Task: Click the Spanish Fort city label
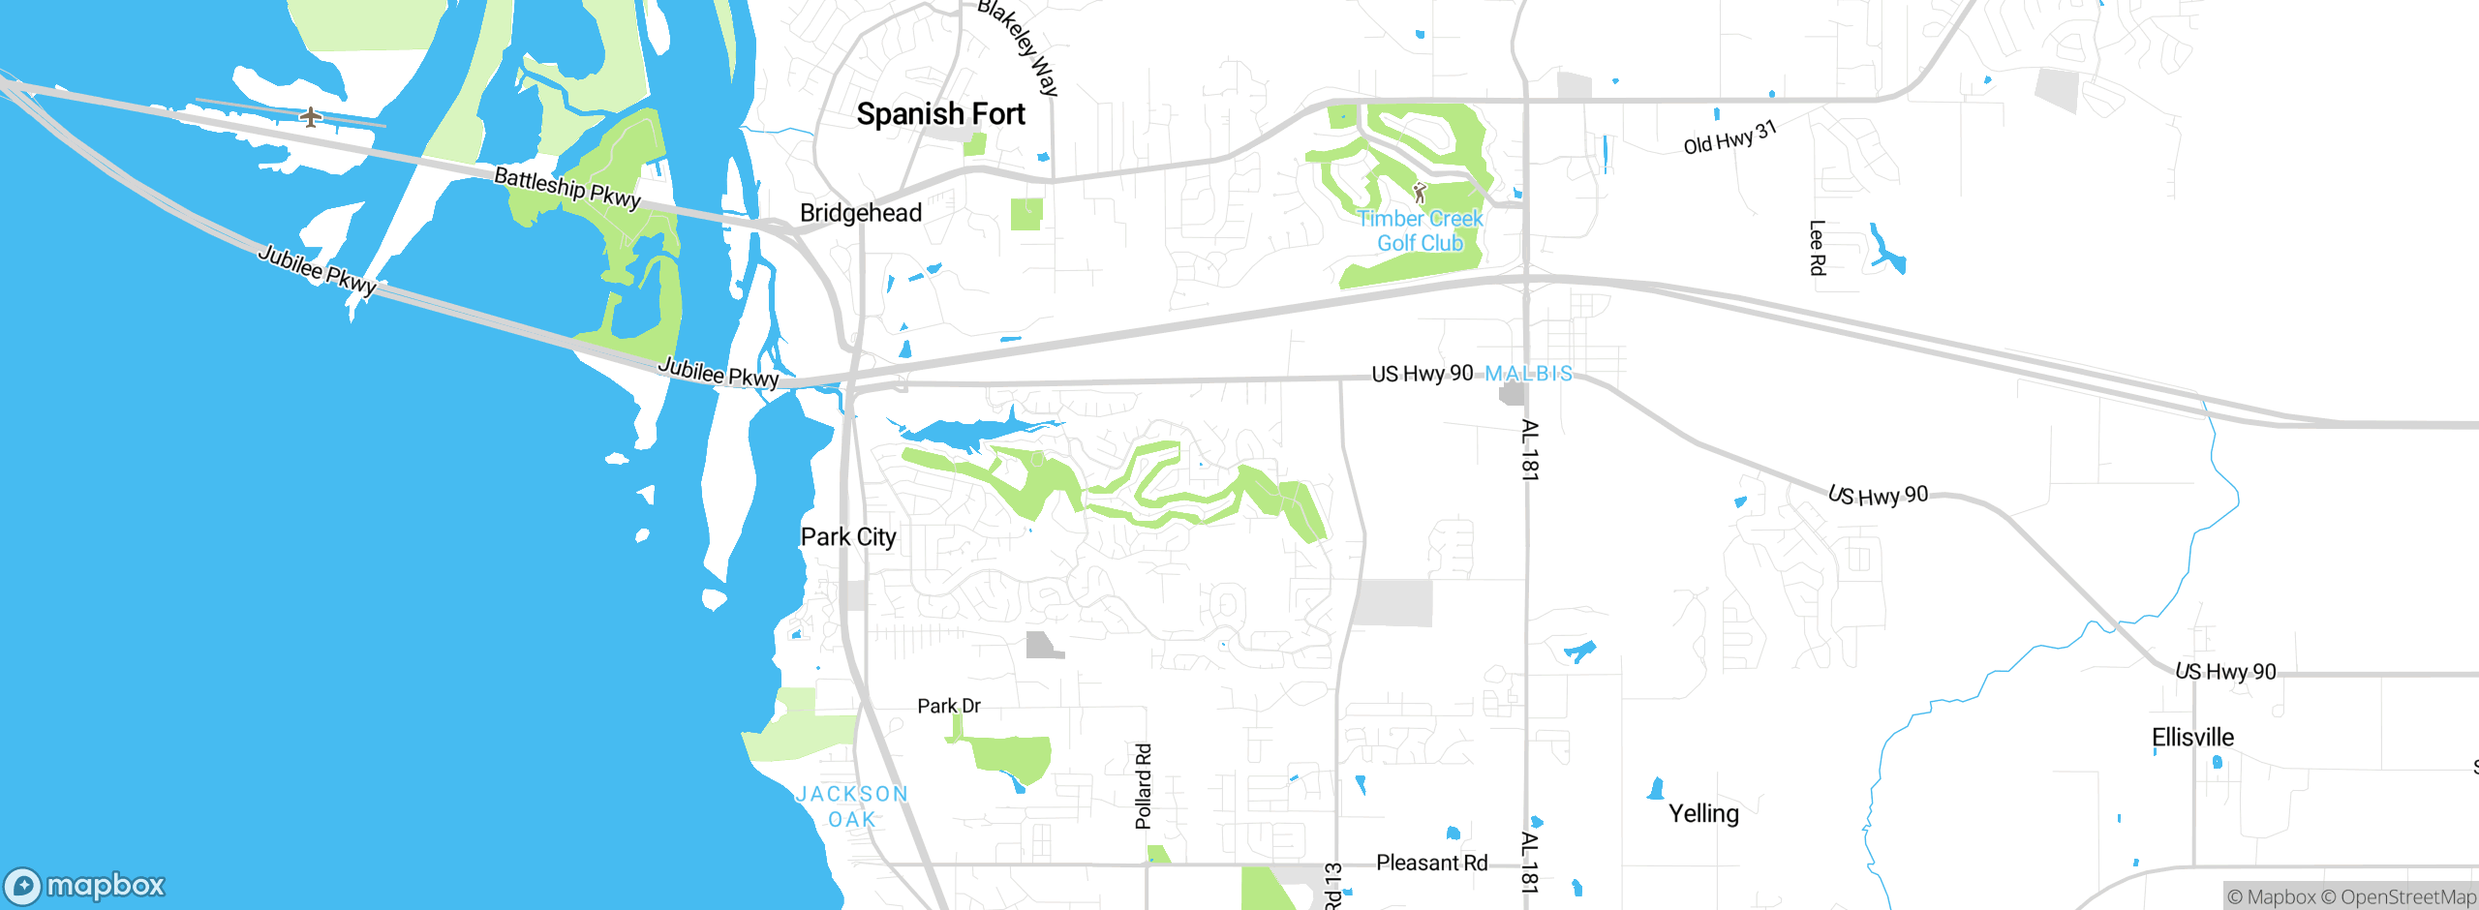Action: [940, 114]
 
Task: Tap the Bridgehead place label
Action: [861, 213]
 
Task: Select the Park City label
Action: [848, 537]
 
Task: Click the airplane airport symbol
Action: [310, 117]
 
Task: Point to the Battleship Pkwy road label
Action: [567, 188]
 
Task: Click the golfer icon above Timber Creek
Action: [1420, 192]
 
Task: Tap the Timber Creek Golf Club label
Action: [1420, 231]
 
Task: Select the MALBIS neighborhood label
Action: [1529, 374]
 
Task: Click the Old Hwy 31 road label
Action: [1729, 137]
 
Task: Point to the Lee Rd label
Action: [1817, 248]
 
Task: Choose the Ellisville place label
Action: [2192, 738]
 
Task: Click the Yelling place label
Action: [1703, 814]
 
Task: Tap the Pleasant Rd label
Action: [1431, 863]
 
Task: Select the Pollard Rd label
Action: [1144, 786]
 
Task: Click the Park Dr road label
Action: [949, 707]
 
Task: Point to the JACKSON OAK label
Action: [852, 806]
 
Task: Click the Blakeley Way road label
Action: [1019, 46]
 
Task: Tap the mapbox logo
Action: [85, 886]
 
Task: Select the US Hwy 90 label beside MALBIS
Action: [1422, 374]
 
